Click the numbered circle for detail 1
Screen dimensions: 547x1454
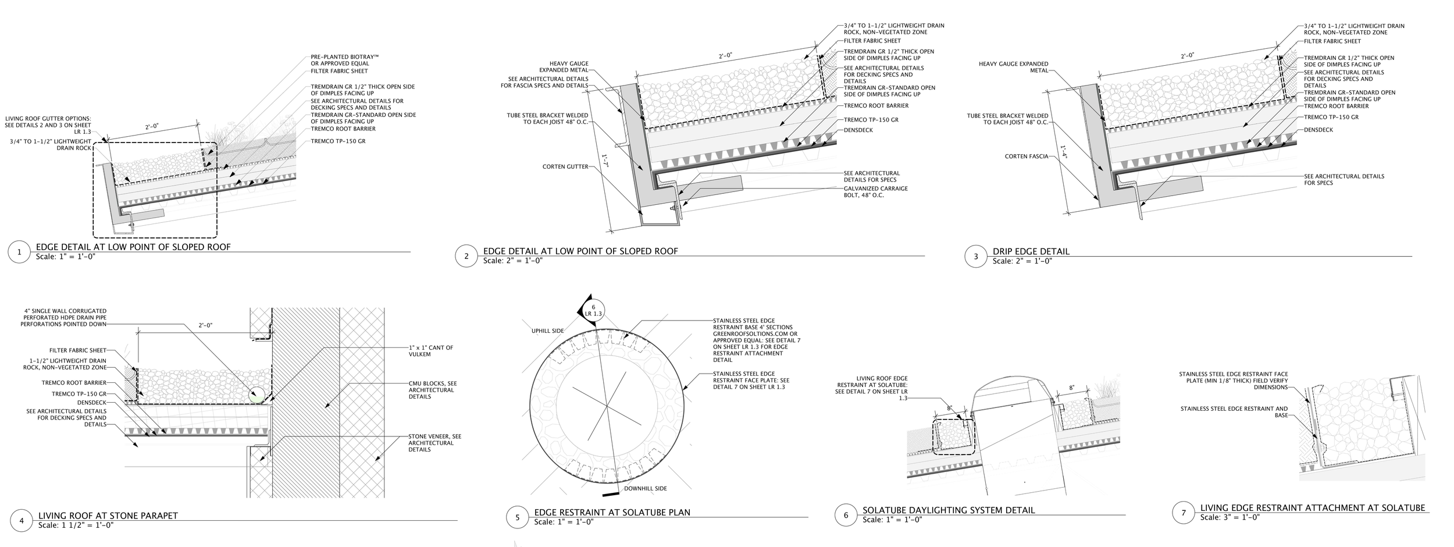click(19, 252)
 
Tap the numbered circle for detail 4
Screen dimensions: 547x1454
click(22, 520)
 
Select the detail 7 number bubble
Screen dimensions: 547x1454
click(1183, 513)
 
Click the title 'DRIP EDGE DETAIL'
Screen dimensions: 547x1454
click(1031, 251)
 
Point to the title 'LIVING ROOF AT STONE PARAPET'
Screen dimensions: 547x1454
click(108, 516)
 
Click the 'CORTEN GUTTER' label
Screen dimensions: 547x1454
click(565, 166)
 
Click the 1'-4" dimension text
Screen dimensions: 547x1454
click(1063, 153)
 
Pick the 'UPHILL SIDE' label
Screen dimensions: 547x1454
click(547, 331)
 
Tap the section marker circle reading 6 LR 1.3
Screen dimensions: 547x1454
click(593, 310)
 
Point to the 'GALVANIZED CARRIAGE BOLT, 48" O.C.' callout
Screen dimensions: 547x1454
click(875, 191)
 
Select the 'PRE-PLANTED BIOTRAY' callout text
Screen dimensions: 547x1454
click(344, 60)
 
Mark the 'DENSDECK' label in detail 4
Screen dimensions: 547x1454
click(92, 402)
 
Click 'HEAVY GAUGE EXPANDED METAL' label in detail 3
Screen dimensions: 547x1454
click(1013, 67)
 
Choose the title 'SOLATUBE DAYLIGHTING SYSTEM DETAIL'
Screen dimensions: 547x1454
click(948, 510)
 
